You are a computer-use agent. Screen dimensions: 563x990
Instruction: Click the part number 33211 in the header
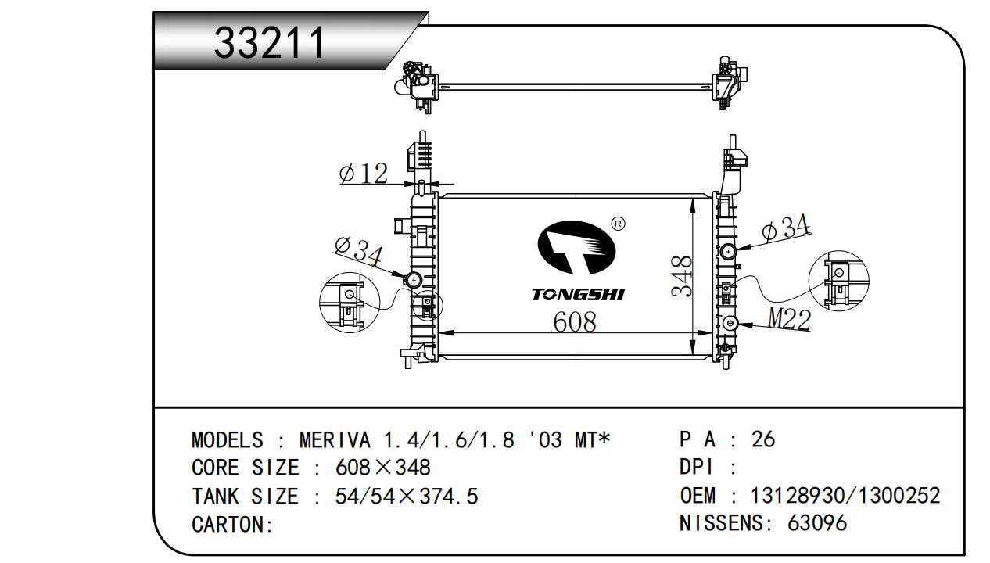click(x=270, y=43)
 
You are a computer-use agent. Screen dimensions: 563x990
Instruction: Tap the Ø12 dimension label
click(x=364, y=173)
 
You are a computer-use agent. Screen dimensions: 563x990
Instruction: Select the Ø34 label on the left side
click(x=358, y=250)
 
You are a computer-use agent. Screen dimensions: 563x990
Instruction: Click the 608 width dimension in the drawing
click(x=575, y=321)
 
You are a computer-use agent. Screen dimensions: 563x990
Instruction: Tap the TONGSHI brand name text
click(x=578, y=294)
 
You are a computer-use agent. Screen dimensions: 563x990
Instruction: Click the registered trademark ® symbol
click(x=617, y=224)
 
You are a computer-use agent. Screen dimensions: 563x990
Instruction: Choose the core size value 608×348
click(x=382, y=468)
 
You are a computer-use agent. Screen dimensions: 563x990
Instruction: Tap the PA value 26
click(x=762, y=439)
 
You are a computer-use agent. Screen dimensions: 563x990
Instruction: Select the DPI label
click(x=696, y=468)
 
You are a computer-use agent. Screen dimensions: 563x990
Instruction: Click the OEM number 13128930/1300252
click(x=845, y=496)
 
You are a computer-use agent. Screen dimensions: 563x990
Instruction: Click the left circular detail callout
click(x=349, y=301)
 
